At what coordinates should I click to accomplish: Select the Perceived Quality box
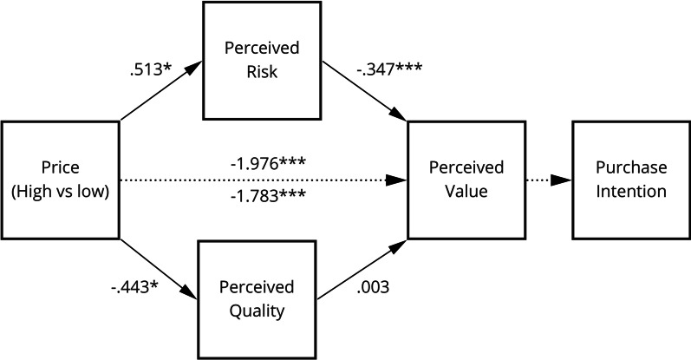point(257,298)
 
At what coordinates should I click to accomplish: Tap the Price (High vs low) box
point(60,180)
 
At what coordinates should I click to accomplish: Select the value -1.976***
point(266,163)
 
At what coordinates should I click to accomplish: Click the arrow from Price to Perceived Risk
point(160,92)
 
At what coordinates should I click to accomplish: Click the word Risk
point(260,71)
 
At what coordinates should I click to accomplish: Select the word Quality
point(257,309)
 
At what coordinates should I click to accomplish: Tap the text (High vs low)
point(60,191)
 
